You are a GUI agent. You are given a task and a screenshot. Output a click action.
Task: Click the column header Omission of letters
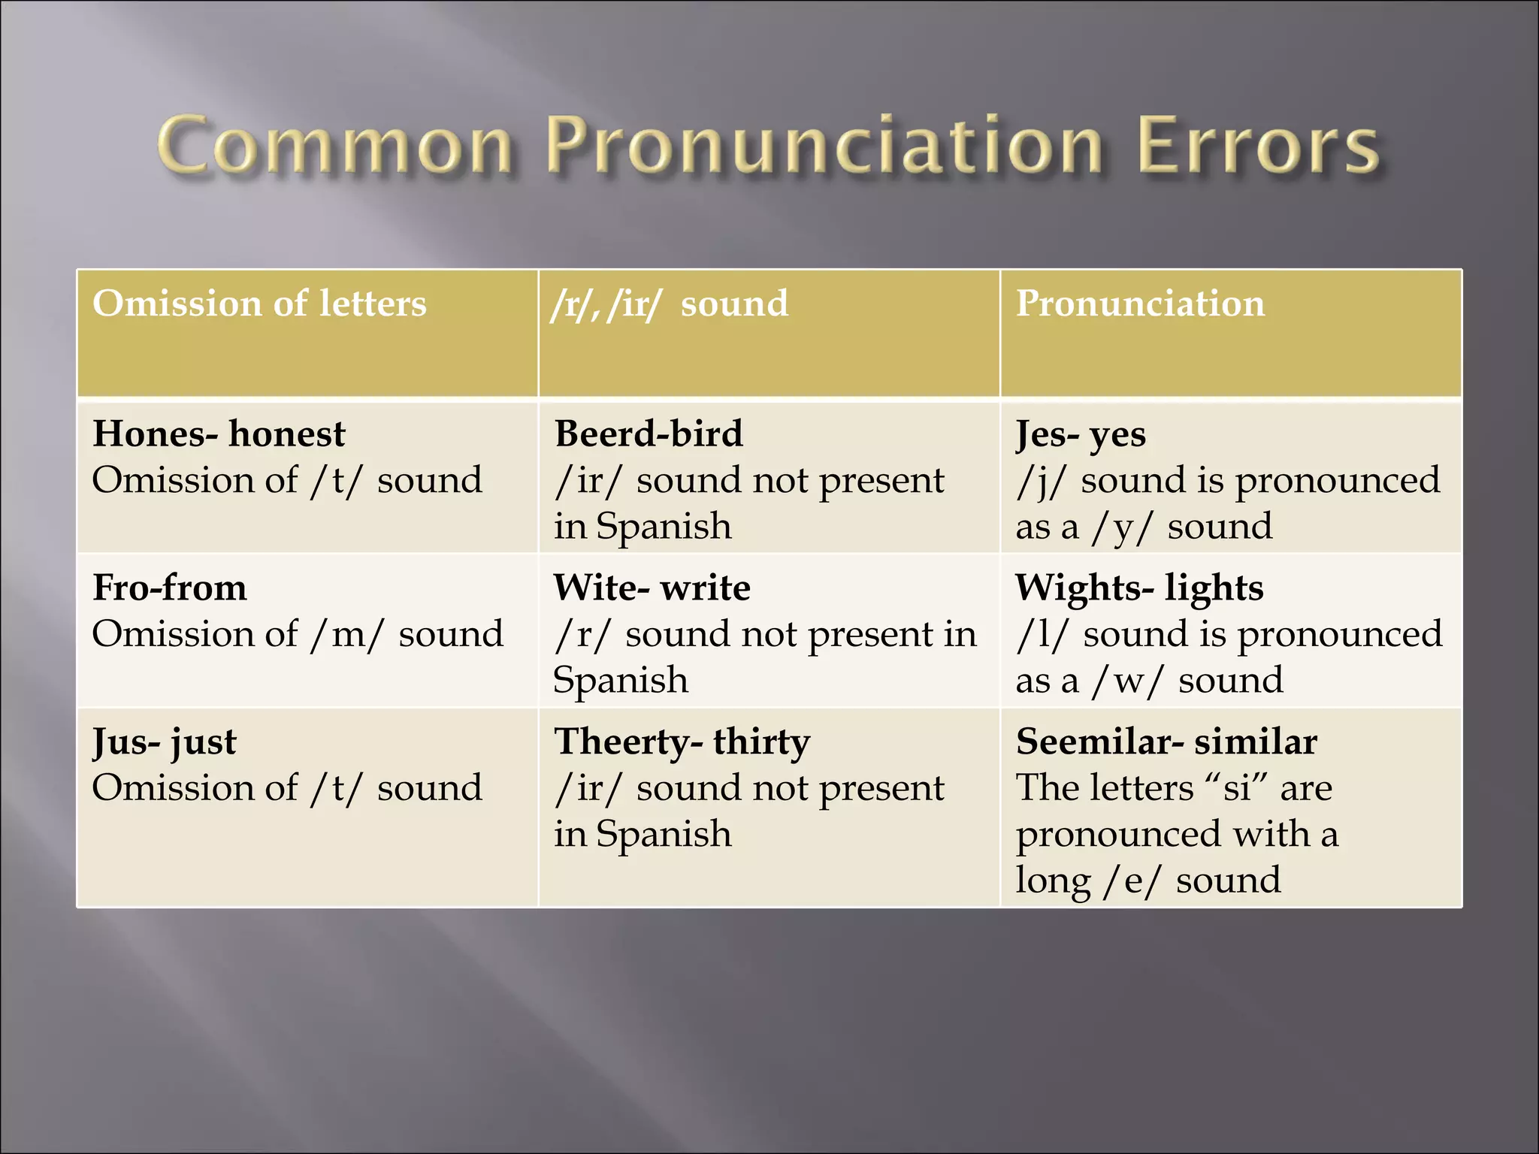(x=259, y=304)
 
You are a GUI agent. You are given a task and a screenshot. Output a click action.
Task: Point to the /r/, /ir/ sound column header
(x=670, y=304)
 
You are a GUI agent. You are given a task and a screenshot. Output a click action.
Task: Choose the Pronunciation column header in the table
(x=1140, y=304)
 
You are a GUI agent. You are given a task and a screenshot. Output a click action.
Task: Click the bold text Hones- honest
(x=219, y=434)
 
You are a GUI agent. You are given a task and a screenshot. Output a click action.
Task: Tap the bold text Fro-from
(x=170, y=588)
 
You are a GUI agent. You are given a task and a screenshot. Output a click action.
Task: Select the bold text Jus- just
(x=165, y=742)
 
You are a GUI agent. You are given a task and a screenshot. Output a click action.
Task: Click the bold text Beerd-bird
(x=649, y=434)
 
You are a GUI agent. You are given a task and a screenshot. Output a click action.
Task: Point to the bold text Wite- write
(x=652, y=588)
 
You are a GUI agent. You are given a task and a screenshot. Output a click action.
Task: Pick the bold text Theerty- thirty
(x=682, y=742)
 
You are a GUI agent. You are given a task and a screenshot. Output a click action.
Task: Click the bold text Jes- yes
(x=1081, y=434)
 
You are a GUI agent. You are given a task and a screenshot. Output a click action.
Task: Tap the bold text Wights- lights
(x=1139, y=588)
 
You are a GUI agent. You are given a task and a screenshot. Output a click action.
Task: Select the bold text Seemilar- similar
(x=1166, y=742)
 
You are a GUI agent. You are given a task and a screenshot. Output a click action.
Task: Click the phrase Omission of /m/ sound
(x=298, y=635)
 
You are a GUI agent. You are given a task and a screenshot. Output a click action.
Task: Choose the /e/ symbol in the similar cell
(x=1132, y=881)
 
